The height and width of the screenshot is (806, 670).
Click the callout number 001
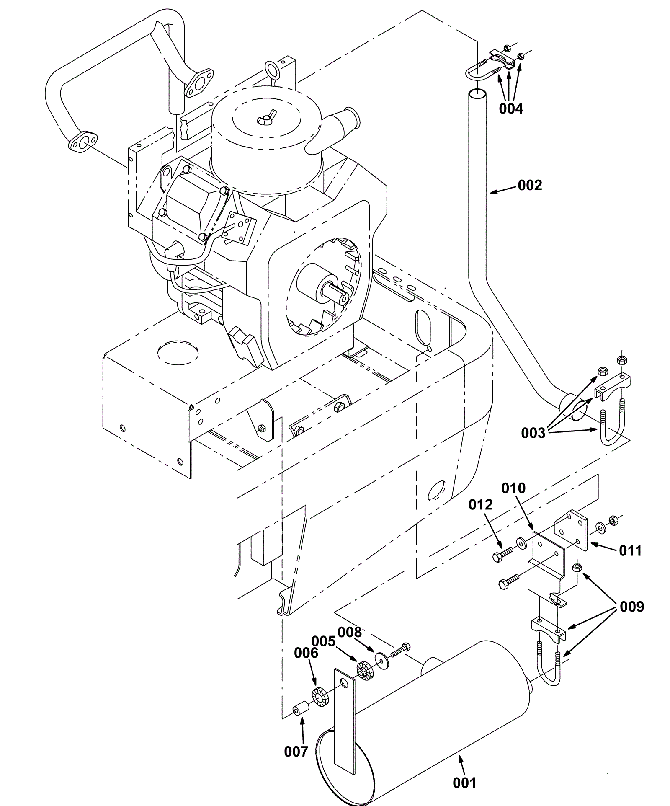[x=465, y=783]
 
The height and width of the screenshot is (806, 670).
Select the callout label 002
[x=530, y=185]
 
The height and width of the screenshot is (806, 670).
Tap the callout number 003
[x=533, y=433]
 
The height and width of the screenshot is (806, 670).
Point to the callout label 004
[x=511, y=109]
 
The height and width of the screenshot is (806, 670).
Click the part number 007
[x=296, y=752]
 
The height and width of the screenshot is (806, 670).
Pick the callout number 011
[x=630, y=550]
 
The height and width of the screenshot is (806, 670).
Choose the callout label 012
[x=481, y=504]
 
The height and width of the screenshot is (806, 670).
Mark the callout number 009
[x=631, y=607]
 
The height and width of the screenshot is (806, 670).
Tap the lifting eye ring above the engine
[x=273, y=69]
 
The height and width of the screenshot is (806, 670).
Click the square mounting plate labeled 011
[x=572, y=530]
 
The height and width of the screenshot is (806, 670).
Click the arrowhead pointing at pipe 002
[x=493, y=192]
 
